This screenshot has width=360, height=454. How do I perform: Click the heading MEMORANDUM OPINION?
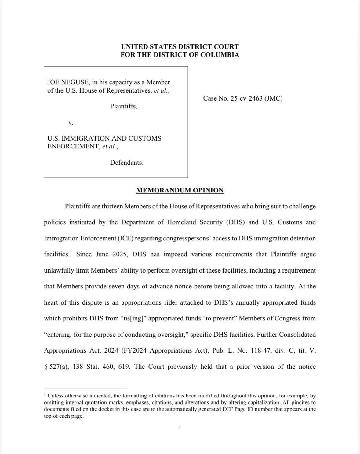[180, 190]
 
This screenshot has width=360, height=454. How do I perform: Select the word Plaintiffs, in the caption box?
[123, 106]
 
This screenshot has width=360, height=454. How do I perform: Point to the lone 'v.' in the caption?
[71, 123]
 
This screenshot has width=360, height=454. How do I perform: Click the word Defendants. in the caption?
[126, 163]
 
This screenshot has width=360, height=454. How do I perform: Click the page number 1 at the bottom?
[180, 428]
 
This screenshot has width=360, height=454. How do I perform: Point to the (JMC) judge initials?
[273, 98]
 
